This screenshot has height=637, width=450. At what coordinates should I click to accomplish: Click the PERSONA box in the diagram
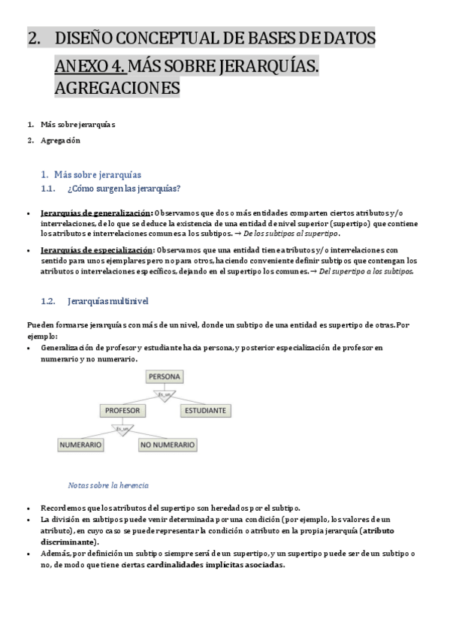(165, 376)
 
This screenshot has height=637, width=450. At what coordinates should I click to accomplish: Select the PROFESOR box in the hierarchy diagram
(123, 411)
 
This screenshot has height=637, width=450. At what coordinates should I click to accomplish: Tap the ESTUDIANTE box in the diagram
(205, 411)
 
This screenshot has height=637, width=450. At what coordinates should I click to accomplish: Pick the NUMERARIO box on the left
(80, 445)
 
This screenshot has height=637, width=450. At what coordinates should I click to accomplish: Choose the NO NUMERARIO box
(168, 445)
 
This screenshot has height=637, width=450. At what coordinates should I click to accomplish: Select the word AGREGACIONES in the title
(117, 89)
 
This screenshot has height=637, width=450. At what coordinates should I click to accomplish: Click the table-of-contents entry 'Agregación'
(61, 140)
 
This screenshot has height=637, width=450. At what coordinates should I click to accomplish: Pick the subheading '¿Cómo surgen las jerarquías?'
(124, 189)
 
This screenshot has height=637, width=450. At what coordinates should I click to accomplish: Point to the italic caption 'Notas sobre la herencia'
(108, 485)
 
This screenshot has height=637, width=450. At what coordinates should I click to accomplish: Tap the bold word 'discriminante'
(68, 542)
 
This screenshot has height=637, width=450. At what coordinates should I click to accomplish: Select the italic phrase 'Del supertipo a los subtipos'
(366, 271)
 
